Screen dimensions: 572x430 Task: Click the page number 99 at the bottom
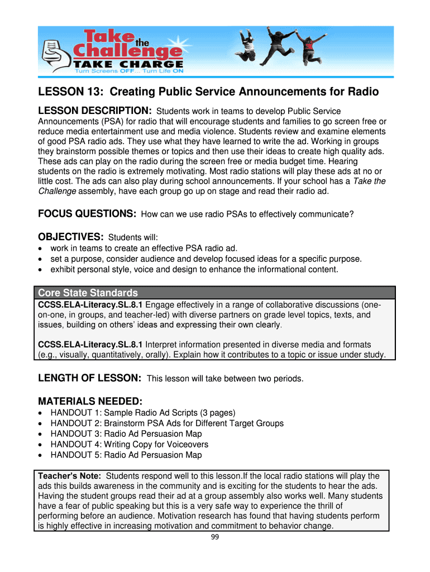pos(214,537)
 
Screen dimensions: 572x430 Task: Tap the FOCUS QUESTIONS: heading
pos(87,214)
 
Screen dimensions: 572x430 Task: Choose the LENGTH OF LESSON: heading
pos(89,378)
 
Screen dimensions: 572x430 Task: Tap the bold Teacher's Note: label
pos(69,476)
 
